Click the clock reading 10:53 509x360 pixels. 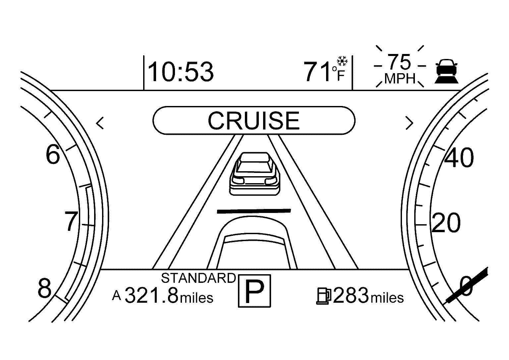tap(181, 72)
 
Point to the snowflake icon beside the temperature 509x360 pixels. tap(342, 61)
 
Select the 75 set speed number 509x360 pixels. tap(399, 62)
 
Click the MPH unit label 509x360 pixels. tap(400, 78)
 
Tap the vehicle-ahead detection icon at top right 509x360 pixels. tap(446, 71)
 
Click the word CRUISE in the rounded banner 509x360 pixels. tap(254, 121)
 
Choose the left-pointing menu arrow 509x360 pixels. tap(100, 123)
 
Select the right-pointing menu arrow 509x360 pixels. tap(409, 123)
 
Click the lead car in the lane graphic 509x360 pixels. tap(254, 174)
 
